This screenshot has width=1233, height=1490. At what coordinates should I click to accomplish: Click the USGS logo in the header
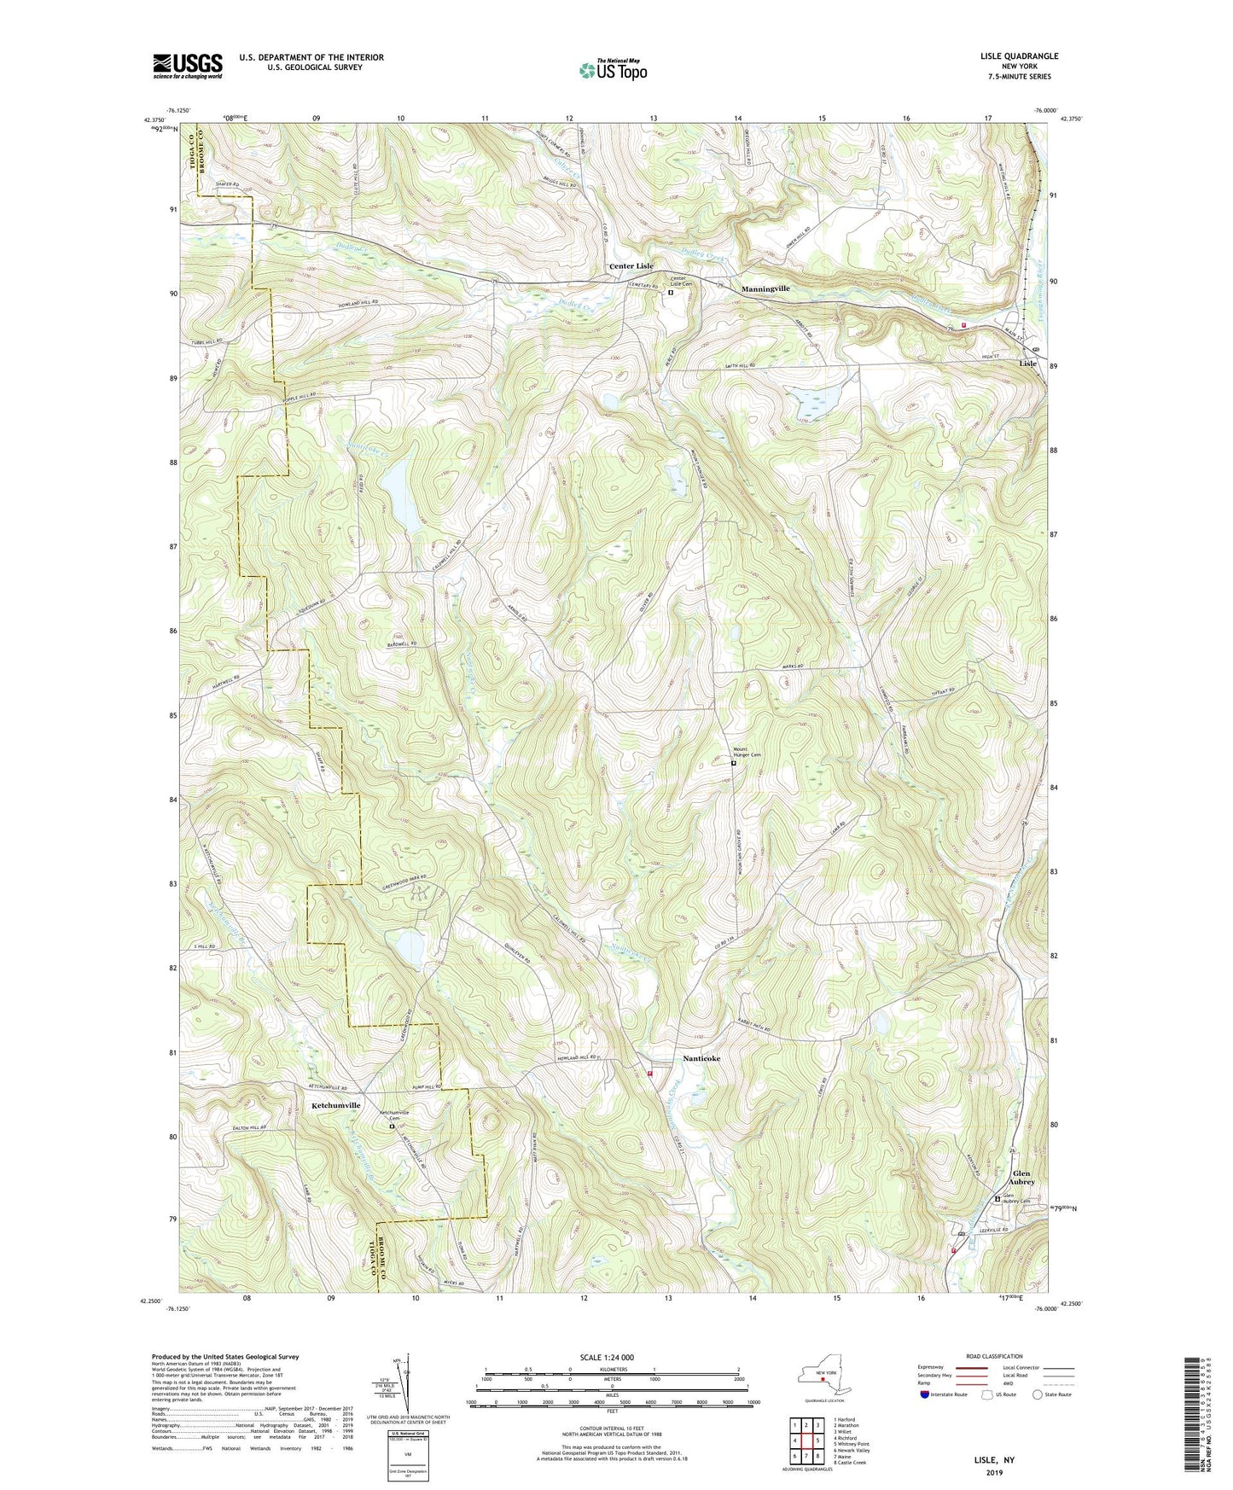(x=188, y=66)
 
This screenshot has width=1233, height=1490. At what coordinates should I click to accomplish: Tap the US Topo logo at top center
(x=612, y=71)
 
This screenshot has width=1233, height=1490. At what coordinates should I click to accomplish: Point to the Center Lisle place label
(x=631, y=266)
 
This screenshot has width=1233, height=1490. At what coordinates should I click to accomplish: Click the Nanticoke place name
(x=701, y=1058)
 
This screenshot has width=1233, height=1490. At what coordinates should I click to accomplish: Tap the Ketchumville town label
(x=336, y=1105)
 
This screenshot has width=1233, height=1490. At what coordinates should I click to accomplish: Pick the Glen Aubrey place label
(x=1022, y=1178)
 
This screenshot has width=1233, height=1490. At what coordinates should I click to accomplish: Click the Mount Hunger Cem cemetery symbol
(x=733, y=764)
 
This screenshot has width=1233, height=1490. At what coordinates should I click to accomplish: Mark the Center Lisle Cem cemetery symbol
(x=671, y=293)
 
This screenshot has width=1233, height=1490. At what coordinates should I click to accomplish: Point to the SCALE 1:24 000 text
(x=611, y=1357)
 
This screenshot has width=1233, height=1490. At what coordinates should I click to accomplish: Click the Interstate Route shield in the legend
(x=924, y=1394)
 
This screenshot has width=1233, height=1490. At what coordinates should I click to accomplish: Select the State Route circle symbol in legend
(x=1038, y=1394)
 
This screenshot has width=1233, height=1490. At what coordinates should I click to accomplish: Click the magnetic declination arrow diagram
(x=407, y=1387)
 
